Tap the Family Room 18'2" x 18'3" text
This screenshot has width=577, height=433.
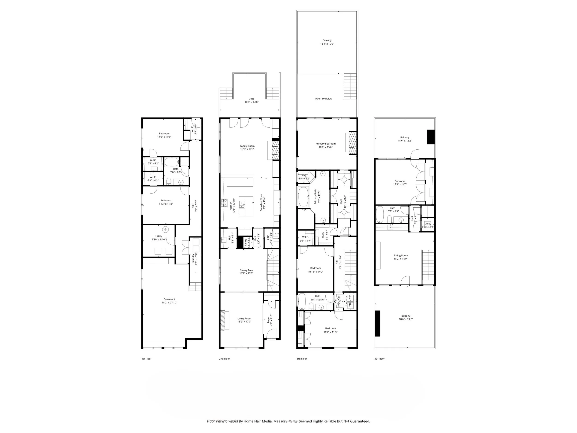point(247,148)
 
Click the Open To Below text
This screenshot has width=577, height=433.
point(323,99)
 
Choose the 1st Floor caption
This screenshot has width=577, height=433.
point(146,359)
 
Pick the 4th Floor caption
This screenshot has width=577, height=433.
point(379,359)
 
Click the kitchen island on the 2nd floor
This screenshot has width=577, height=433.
point(246,206)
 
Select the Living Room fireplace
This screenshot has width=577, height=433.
point(223,320)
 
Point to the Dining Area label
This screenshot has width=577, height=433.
point(246,272)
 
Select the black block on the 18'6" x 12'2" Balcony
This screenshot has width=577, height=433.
point(430,137)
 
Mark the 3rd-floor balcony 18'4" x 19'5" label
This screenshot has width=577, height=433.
point(327,42)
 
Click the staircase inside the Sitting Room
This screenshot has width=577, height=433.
point(428,265)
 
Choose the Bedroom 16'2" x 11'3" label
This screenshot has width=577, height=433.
point(330,330)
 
